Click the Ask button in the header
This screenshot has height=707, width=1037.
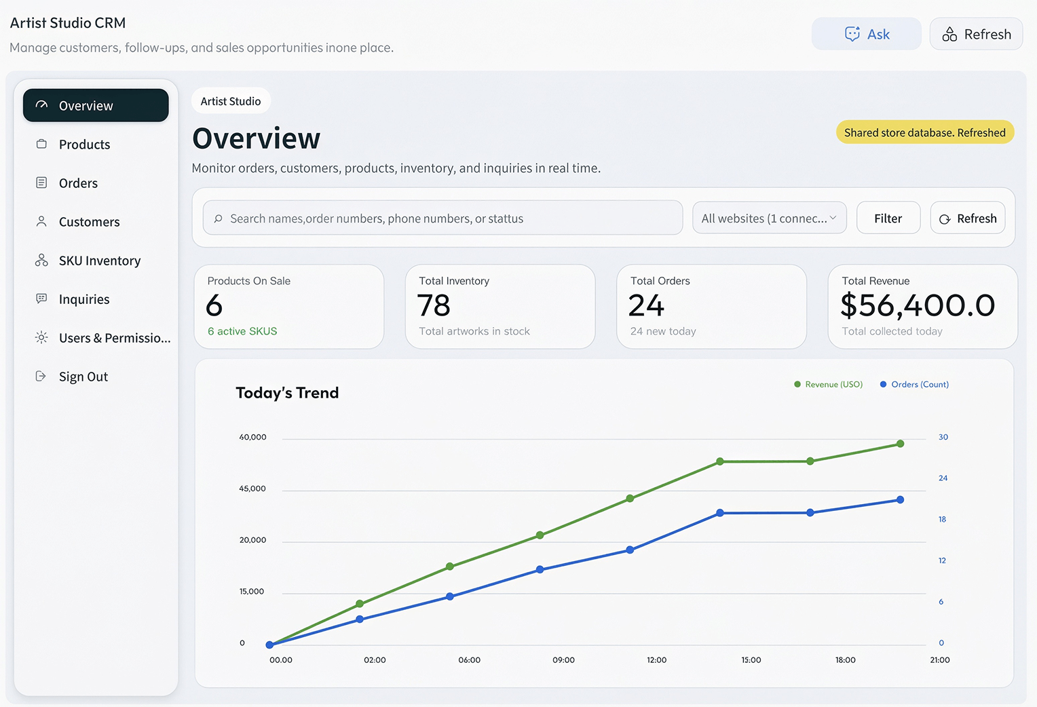click(x=866, y=34)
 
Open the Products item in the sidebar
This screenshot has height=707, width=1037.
click(x=84, y=145)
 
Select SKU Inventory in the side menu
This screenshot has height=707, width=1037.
click(x=99, y=261)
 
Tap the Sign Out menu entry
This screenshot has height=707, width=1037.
click(x=83, y=377)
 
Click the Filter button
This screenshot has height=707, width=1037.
click(x=888, y=218)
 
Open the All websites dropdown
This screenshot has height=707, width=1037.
click(x=769, y=218)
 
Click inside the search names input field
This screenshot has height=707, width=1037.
click(x=442, y=218)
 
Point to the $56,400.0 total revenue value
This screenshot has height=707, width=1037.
click(x=917, y=305)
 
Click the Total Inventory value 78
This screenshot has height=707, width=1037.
click(x=434, y=305)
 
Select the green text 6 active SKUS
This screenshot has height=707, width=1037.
click(x=242, y=331)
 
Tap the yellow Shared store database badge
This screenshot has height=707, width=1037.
click(x=924, y=132)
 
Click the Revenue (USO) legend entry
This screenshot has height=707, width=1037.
click(x=828, y=385)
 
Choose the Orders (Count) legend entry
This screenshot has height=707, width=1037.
click(x=914, y=385)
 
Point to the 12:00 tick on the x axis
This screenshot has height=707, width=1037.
click(x=656, y=660)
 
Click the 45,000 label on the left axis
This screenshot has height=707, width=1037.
click(x=252, y=489)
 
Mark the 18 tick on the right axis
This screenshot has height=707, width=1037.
click(x=942, y=519)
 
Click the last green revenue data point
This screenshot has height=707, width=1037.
click(x=900, y=444)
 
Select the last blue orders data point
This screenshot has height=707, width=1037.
click(x=900, y=499)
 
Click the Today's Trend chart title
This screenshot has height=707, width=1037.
click(x=287, y=393)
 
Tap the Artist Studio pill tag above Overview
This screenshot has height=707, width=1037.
click(x=231, y=101)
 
